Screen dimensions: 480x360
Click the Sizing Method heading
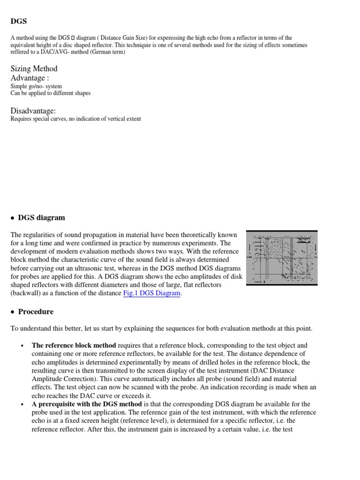34,68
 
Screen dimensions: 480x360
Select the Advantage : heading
30,78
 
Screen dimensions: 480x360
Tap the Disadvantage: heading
33,111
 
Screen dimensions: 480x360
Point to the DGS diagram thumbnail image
282,258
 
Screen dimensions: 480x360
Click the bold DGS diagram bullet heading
41,217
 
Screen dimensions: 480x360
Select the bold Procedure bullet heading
36,311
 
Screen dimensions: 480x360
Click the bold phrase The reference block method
74,345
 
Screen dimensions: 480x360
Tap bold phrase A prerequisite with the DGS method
87,404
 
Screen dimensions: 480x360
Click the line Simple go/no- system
36,86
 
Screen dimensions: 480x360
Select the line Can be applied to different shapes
51,93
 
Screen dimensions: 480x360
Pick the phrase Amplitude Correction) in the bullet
60,379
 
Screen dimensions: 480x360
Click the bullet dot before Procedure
13,312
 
